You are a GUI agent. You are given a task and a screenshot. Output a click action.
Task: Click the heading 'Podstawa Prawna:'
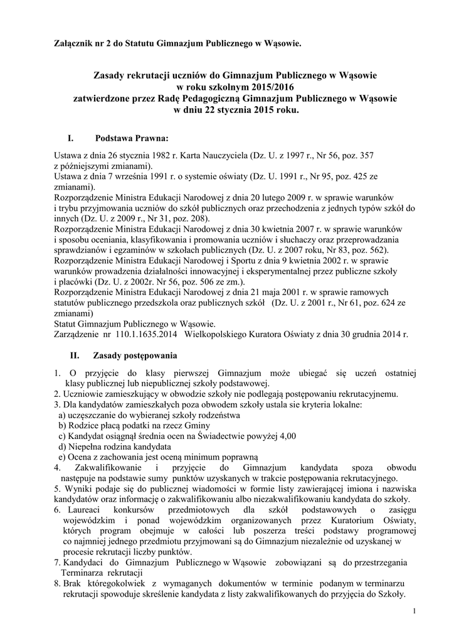(x=131, y=138)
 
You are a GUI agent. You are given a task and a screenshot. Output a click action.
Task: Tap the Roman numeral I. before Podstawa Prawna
(x=71, y=138)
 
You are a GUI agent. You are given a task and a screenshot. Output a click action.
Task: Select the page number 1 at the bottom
(x=415, y=611)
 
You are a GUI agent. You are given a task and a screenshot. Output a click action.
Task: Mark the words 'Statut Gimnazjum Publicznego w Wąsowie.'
(x=135, y=324)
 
